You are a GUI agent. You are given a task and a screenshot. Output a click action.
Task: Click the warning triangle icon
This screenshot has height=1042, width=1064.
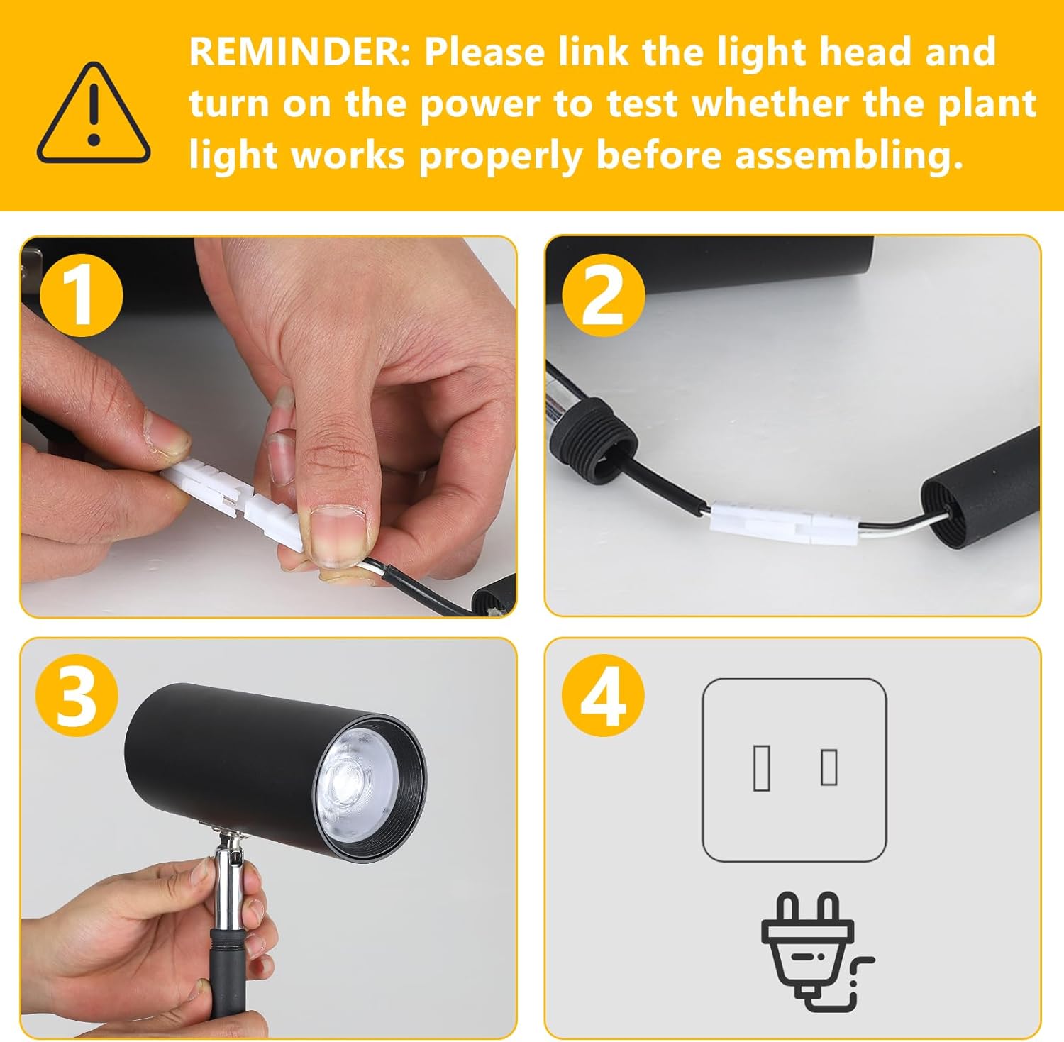94,113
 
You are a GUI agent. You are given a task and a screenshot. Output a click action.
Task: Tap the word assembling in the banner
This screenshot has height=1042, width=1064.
848,155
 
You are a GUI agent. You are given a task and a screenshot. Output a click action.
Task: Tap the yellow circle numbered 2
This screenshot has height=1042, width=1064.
604,294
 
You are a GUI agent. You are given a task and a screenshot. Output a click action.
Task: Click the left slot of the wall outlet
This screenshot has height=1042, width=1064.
762,767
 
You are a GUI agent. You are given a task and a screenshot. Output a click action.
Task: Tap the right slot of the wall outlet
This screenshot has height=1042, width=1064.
829,766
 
